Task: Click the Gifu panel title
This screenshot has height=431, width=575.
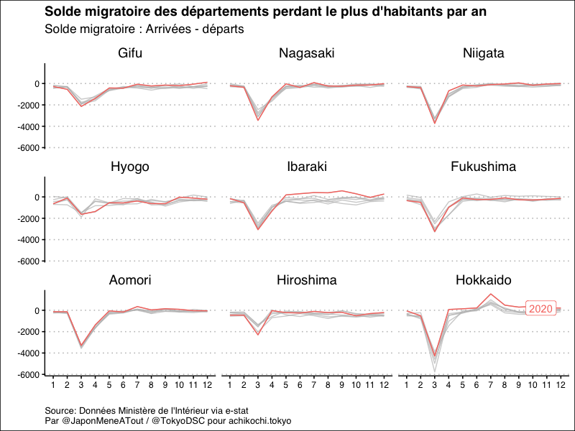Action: coord(130,54)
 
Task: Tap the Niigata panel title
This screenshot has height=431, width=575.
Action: coord(483,54)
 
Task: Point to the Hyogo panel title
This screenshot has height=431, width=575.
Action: coord(130,167)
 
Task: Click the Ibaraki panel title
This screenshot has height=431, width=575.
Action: coord(306,167)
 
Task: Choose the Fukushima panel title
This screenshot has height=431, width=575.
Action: coord(483,167)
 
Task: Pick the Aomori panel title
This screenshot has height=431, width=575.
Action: coord(130,280)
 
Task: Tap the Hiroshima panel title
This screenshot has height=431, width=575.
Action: coord(306,280)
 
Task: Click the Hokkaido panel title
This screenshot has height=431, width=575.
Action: coord(483,280)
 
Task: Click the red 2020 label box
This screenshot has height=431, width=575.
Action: coord(540,309)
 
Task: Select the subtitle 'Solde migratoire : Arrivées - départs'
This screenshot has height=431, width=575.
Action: coord(144,29)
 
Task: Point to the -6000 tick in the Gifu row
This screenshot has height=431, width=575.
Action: coord(26,148)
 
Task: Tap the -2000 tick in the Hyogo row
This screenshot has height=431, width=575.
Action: coord(26,218)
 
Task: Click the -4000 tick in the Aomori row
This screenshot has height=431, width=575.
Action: coord(26,353)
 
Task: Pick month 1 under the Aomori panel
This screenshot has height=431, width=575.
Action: coord(52,386)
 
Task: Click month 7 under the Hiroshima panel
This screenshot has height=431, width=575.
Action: coord(314,386)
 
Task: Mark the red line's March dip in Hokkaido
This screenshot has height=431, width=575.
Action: coord(433,355)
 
